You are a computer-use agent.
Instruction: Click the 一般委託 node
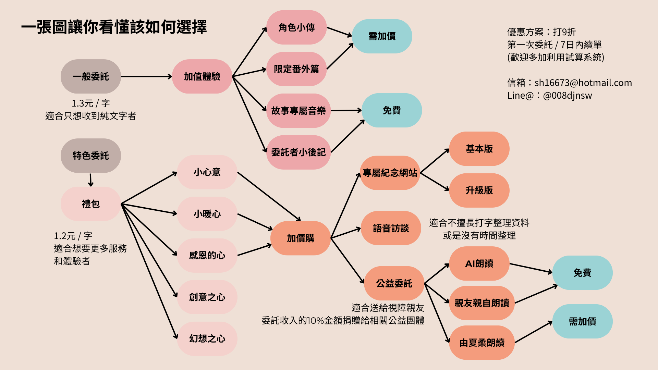(91, 76)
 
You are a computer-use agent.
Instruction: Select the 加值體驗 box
(202, 76)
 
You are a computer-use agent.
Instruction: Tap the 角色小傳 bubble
(296, 27)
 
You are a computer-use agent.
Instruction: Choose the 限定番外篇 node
(296, 69)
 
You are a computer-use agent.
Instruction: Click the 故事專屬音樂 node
(298, 111)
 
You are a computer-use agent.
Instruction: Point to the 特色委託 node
(91, 156)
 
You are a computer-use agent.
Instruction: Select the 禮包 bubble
(91, 204)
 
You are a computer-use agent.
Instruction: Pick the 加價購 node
(300, 238)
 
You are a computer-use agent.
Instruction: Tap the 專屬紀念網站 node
(390, 173)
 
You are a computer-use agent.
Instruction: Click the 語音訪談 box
(391, 228)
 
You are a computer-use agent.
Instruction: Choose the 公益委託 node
(394, 283)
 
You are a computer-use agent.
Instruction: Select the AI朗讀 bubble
(479, 263)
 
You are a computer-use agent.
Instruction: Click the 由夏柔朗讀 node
(482, 343)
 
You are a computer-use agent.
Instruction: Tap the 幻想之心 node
(207, 338)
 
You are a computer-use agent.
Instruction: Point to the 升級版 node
(479, 190)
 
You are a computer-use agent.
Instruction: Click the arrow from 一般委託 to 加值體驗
(146, 76)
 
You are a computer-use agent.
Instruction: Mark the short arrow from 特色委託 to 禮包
(91, 180)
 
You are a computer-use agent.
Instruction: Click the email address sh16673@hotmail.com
(583, 83)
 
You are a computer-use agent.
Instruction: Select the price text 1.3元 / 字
(91, 103)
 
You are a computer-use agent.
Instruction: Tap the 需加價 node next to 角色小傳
(382, 36)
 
